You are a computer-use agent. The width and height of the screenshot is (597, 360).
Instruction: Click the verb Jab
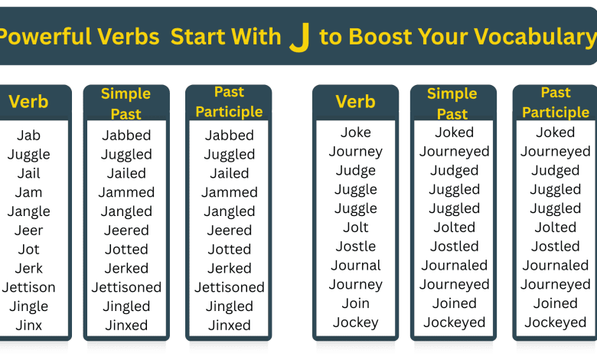[x=29, y=136]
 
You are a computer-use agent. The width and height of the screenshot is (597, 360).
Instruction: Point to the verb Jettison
[x=29, y=287]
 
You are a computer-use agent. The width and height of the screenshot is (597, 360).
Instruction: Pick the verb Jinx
[x=29, y=326]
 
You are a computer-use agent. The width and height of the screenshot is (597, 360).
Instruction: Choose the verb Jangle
[x=29, y=211]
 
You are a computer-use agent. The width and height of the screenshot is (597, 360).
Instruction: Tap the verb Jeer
[x=29, y=231]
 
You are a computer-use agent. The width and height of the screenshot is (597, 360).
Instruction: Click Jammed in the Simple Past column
[x=126, y=192]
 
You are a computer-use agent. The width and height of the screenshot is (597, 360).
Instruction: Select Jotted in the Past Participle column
[x=229, y=250]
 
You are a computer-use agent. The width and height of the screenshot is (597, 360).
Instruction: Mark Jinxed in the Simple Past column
[x=126, y=326]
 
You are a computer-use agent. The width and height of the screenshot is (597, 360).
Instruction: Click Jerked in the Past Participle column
[x=229, y=268]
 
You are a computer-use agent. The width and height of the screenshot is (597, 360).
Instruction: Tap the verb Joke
[x=356, y=133]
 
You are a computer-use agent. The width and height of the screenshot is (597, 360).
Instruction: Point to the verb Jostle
[x=356, y=247]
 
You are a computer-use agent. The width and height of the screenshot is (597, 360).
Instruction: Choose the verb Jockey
[x=356, y=322]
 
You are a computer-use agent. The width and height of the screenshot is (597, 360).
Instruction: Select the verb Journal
[x=356, y=266]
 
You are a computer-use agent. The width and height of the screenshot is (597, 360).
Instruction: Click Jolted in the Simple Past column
[x=454, y=227]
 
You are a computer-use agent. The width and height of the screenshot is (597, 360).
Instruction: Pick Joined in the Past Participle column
[x=556, y=303]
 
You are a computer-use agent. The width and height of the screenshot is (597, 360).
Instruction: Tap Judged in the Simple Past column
[x=454, y=171]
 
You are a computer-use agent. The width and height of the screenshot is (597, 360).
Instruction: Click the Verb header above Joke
[x=356, y=101]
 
